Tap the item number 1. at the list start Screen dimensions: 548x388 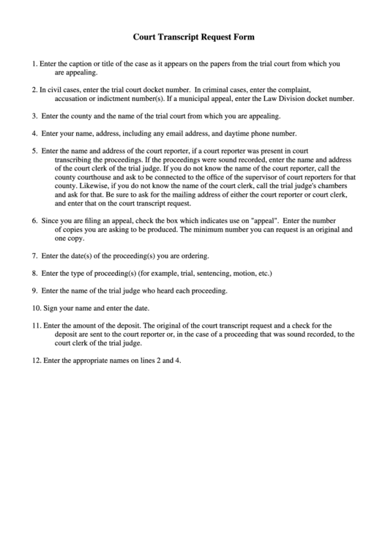[x=35, y=64]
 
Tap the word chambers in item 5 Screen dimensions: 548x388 [x=329, y=186]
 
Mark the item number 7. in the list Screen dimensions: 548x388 [x=35, y=256]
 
